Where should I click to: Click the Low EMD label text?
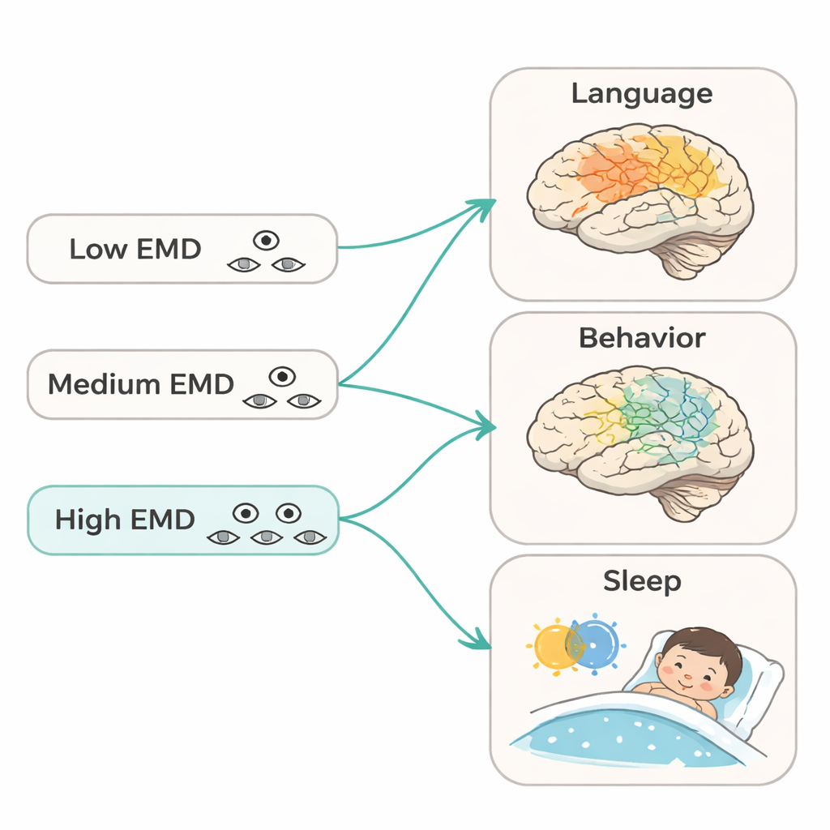click(135, 249)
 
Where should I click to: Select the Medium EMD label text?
click(140, 383)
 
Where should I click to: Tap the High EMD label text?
click(124, 519)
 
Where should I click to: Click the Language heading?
click(642, 93)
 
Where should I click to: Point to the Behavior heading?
click(642, 337)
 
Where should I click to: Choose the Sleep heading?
click(642, 580)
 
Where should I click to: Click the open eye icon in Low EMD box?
click(266, 240)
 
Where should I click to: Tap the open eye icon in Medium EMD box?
click(281, 375)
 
